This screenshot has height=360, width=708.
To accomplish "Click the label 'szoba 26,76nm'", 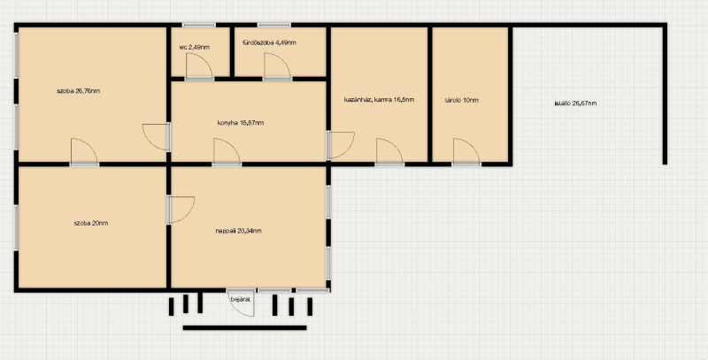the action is [x=78, y=91].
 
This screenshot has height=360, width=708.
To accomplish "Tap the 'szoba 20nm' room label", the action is [x=91, y=223].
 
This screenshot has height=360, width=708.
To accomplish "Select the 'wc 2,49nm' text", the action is [x=194, y=47].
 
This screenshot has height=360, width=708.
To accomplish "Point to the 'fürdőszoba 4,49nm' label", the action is [x=269, y=42].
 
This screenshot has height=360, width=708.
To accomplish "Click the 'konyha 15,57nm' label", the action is [x=241, y=123].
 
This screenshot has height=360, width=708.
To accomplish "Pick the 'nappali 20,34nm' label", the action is [x=238, y=231].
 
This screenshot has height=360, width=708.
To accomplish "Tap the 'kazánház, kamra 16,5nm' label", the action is [x=379, y=100].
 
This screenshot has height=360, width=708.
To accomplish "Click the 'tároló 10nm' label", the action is [x=461, y=100].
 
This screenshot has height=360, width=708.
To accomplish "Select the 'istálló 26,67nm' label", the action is [x=575, y=103].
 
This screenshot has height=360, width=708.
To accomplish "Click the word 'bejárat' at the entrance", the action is [x=241, y=299].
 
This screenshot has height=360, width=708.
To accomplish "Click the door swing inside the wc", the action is [x=199, y=66].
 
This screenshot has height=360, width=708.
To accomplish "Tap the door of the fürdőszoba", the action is [x=277, y=66].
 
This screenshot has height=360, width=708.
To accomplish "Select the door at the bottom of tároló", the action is [x=466, y=152].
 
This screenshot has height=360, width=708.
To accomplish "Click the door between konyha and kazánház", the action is [x=341, y=145].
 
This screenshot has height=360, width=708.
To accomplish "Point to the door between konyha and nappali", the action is [x=227, y=152].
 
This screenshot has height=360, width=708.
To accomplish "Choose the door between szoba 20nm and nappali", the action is [x=181, y=210].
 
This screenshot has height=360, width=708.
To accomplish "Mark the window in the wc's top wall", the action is [x=199, y=25].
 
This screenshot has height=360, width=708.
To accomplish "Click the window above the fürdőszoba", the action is [x=274, y=25].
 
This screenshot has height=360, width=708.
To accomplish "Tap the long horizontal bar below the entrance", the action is [x=244, y=328].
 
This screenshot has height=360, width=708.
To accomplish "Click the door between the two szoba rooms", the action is [x=84, y=152].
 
